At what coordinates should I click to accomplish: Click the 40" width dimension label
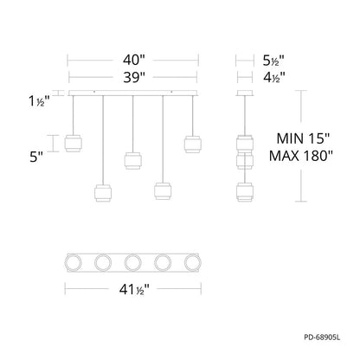[x=132, y=61]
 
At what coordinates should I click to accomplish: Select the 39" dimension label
[x=132, y=79]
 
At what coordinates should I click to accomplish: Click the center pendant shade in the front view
[x=132, y=162]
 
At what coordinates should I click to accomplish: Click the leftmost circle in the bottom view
[x=75, y=261]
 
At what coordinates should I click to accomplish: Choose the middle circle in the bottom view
[x=132, y=261]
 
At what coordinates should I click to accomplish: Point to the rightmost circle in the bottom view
[x=191, y=261]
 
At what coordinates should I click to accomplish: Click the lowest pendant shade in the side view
[x=246, y=191]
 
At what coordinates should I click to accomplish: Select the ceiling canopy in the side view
[x=246, y=93]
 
